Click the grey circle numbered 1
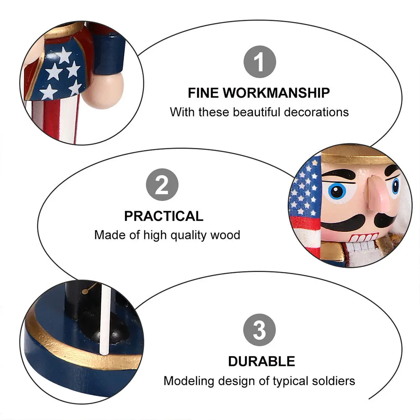(x=259, y=62)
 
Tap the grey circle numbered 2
(x=162, y=185)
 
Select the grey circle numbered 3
(x=259, y=330)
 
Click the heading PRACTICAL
(x=163, y=216)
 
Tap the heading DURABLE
(x=262, y=361)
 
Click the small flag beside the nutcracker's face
(x=305, y=205)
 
